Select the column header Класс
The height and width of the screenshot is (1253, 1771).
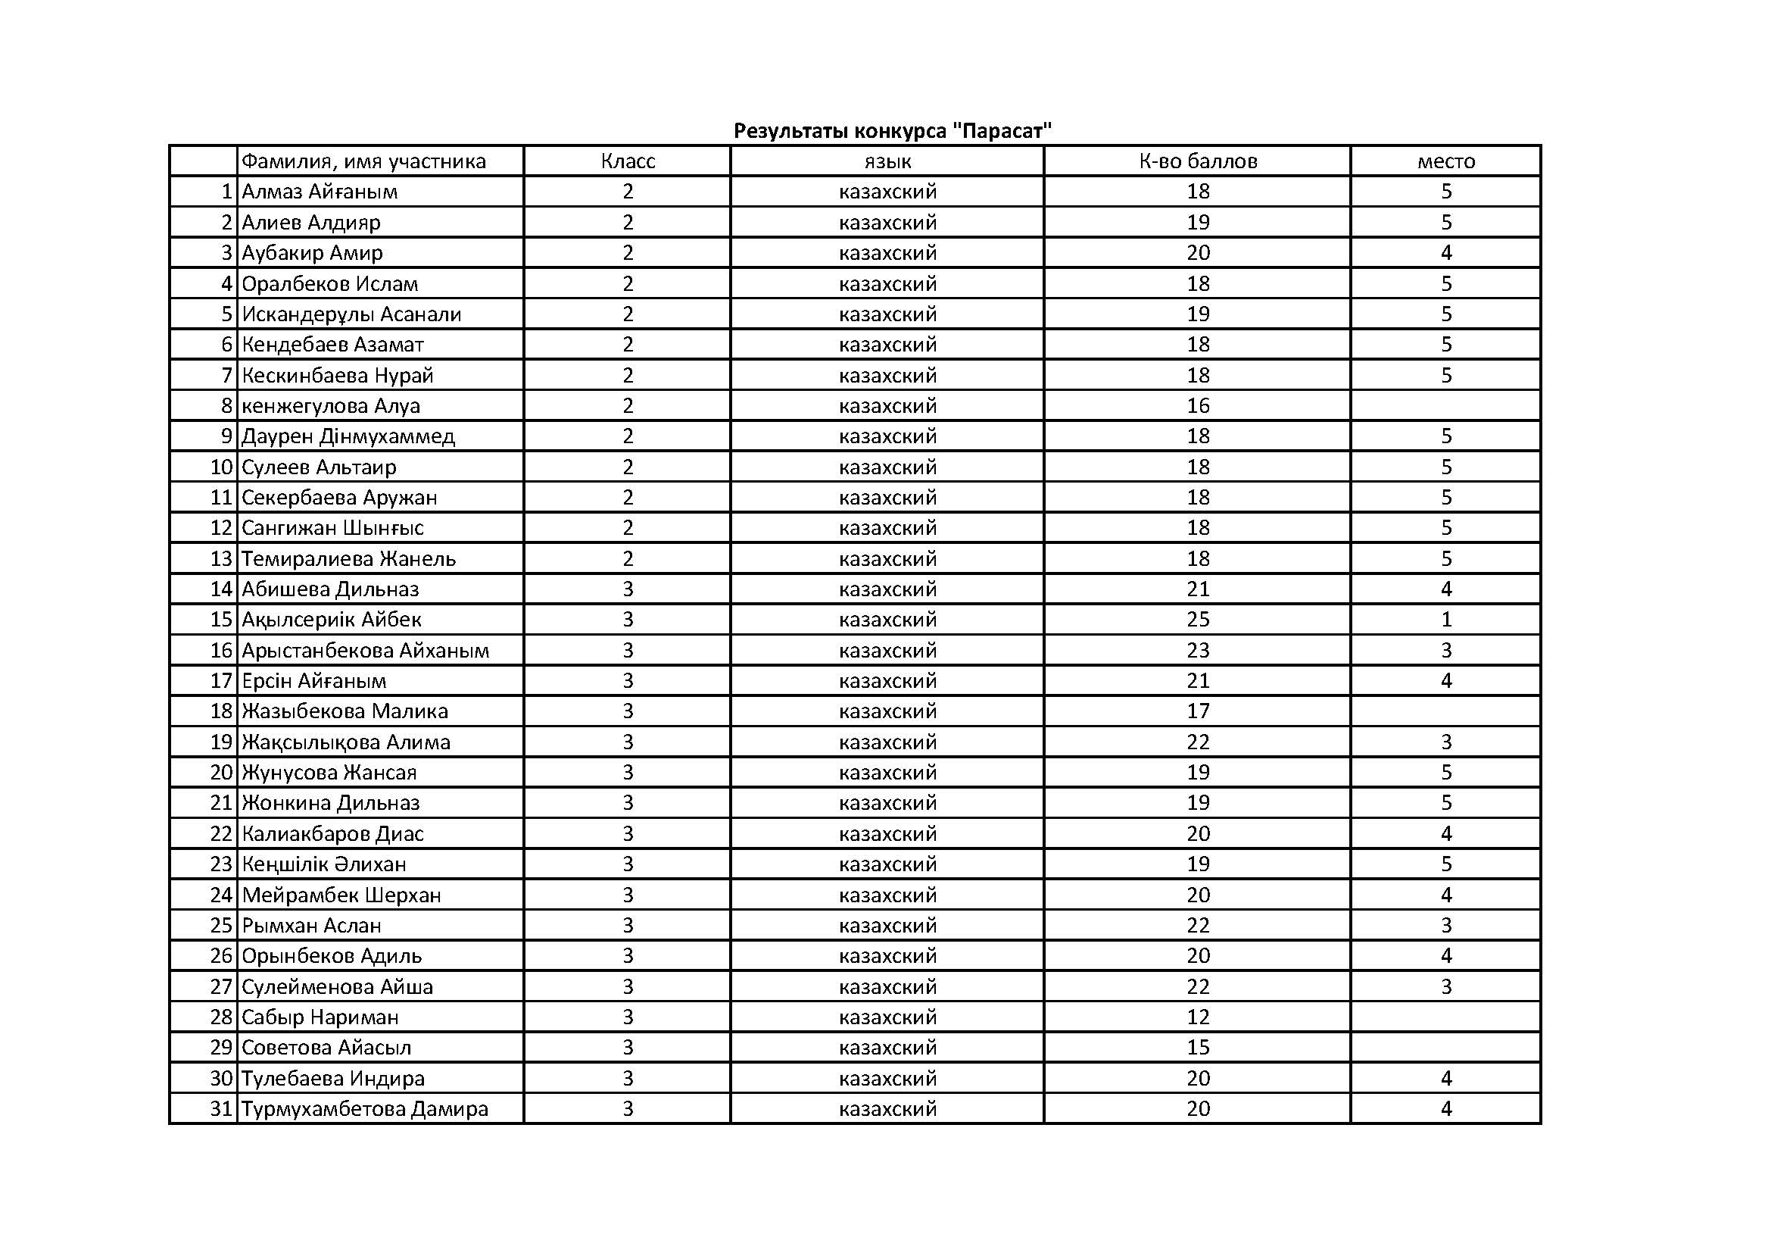click(627, 161)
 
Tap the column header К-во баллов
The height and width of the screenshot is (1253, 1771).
click(1197, 161)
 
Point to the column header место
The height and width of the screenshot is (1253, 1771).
click(1445, 161)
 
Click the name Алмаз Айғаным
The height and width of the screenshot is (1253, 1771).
click(320, 192)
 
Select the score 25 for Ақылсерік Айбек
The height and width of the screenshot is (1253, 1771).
click(1198, 620)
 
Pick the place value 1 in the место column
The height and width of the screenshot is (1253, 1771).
click(1446, 620)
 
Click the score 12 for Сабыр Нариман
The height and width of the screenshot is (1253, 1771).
click(1198, 1017)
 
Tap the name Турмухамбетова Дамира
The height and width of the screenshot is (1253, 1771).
click(365, 1109)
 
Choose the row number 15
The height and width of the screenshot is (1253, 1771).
click(221, 620)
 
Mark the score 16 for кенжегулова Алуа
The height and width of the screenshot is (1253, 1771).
click(1198, 406)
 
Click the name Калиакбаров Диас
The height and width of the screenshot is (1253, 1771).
click(332, 834)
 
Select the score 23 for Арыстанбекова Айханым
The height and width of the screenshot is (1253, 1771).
click(1198, 651)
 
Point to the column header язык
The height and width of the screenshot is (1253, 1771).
click(887, 161)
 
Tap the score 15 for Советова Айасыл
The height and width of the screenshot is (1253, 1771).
click(1198, 1048)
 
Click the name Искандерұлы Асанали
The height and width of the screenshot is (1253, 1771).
click(351, 314)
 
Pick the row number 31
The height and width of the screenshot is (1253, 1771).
click(221, 1109)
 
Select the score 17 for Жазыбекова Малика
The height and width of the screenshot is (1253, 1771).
click(1198, 711)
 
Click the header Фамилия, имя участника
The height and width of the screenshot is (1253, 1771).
click(363, 161)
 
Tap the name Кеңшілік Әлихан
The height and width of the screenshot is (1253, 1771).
click(324, 864)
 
